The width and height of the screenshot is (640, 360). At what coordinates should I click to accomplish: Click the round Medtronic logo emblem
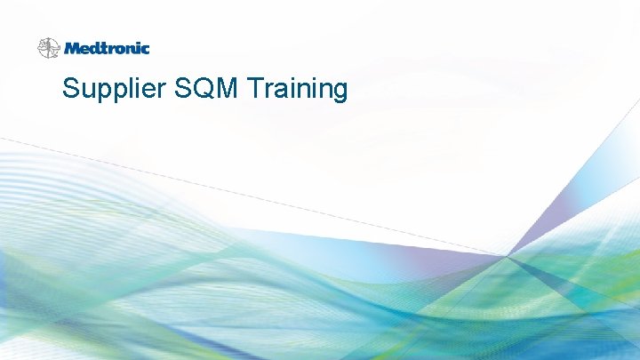[48, 48]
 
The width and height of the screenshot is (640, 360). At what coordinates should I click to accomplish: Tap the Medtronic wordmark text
[107, 48]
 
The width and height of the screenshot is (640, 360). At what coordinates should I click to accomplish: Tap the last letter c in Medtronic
[145, 49]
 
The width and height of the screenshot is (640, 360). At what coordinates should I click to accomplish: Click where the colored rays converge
[508, 256]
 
